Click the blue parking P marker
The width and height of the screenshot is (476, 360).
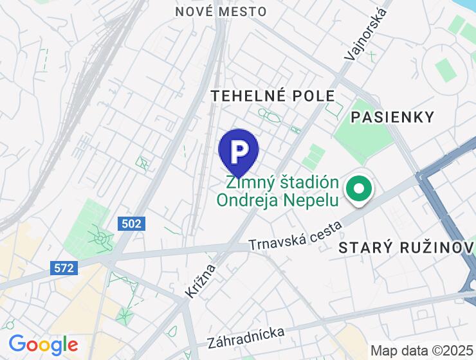pyautogui.click(x=239, y=151)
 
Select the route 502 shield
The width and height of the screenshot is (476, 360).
pyautogui.click(x=132, y=224)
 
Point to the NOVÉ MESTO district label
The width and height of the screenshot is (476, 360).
pyautogui.click(x=221, y=12)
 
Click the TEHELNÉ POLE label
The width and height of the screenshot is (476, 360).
pyautogui.click(x=273, y=96)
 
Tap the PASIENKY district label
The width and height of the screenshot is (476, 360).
pyautogui.click(x=392, y=117)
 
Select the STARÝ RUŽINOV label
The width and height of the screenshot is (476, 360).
pyautogui.click(x=401, y=248)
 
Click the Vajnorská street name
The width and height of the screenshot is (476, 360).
pyautogui.click(x=365, y=35)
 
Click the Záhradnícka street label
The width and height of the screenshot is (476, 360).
pyautogui.click(x=246, y=337)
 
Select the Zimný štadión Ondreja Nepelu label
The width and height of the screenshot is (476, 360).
pyautogui.click(x=277, y=190)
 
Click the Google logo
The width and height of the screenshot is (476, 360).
pyautogui.click(x=43, y=345)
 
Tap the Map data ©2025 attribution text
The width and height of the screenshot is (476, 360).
pyautogui.click(x=421, y=351)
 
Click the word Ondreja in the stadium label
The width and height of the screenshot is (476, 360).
pyautogui.click(x=253, y=200)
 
